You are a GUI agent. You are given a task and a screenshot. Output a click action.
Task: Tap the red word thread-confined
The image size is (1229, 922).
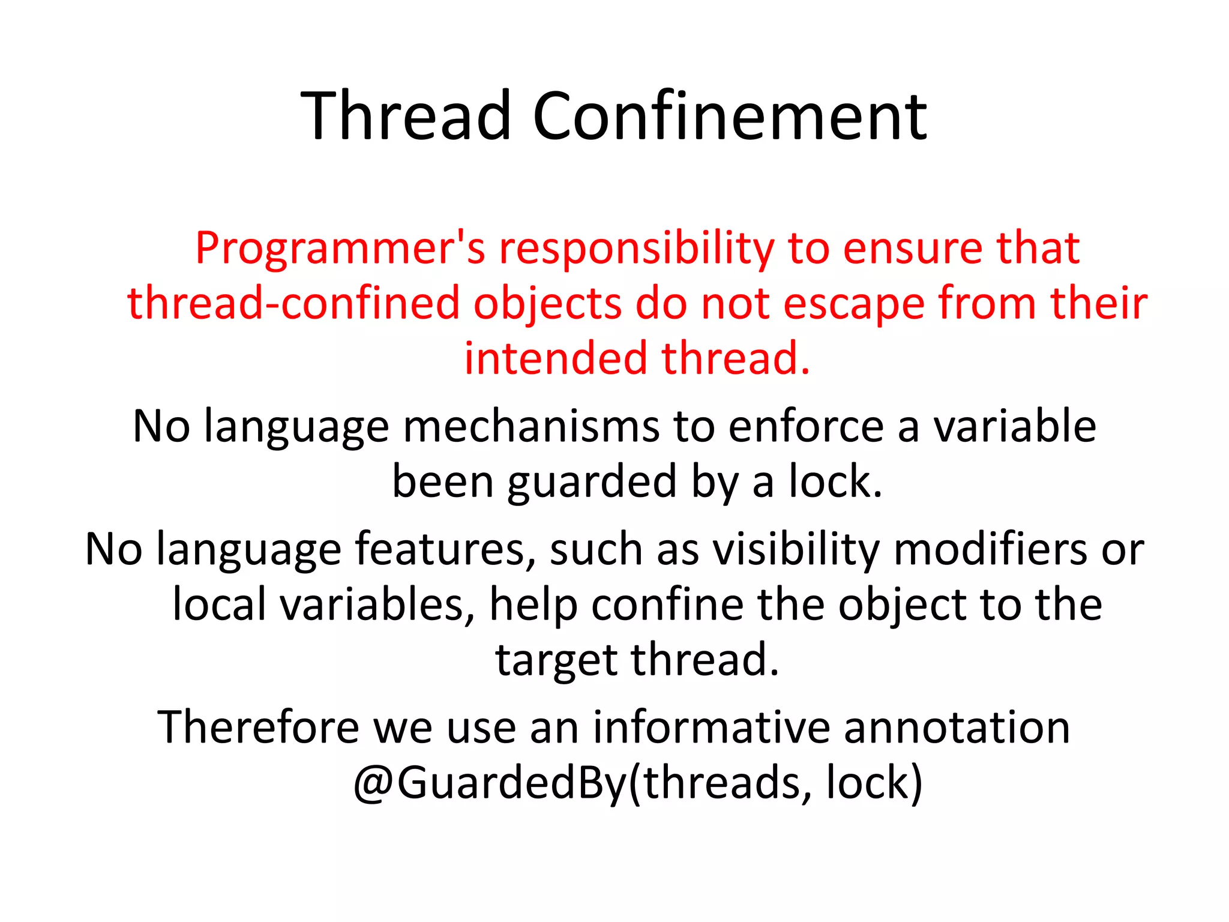point(293,303)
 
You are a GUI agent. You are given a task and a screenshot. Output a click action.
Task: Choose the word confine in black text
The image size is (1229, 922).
point(667,604)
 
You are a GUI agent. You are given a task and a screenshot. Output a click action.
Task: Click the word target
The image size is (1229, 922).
point(556,660)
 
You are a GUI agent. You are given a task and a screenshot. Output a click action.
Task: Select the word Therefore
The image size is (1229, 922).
point(258,728)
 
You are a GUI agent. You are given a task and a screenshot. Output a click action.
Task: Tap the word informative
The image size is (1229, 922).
point(712,728)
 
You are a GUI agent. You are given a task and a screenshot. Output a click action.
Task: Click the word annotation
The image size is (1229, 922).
point(957,728)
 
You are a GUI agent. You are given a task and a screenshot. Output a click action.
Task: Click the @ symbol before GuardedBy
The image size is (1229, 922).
point(373,784)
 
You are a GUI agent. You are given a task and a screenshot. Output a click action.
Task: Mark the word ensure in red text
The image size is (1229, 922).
point(912,249)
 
